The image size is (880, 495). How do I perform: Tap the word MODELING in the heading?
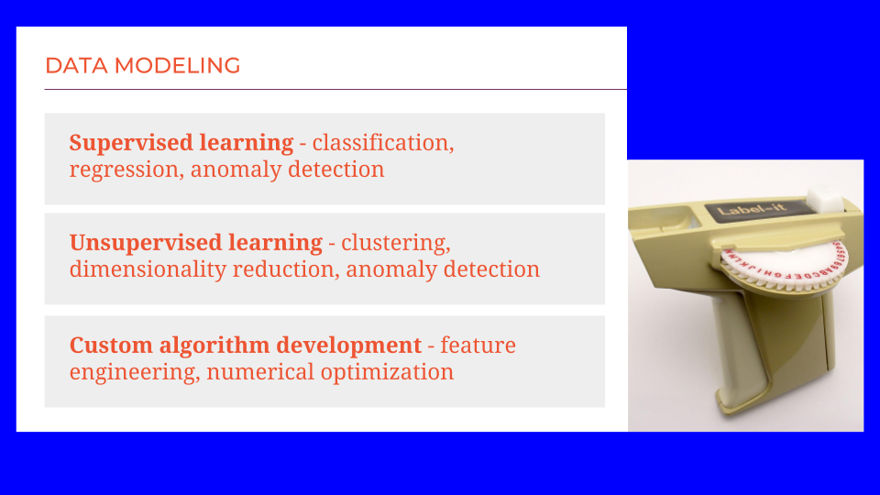coord(177,66)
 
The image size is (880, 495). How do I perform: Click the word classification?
coord(383,143)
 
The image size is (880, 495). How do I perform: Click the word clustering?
coord(396,243)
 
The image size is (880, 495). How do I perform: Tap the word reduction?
coord(286,269)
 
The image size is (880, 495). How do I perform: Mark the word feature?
coord(478,346)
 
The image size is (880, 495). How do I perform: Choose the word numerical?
coord(260,371)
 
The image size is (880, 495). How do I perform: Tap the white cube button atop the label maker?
coord(824,199)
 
